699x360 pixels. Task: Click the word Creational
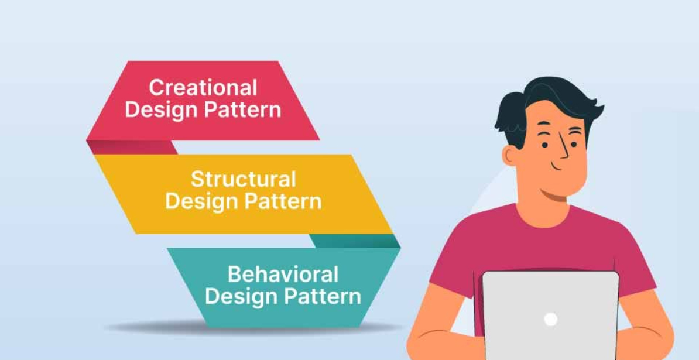(x=203, y=87)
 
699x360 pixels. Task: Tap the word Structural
(x=244, y=179)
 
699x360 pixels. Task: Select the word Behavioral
(x=283, y=274)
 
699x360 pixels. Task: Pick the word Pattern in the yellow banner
(x=283, y=201)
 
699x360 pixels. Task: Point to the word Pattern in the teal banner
(x=323, y=296)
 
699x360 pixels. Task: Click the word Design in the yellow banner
(x=201, y=202)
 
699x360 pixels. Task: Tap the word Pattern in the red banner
(x=242, y=109)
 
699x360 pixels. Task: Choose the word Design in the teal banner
(x=241, y=297)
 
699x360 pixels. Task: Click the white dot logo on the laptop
(x=550, y=319)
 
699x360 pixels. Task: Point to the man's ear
(x=509, y=156)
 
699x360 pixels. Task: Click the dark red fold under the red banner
(x=132, y=147)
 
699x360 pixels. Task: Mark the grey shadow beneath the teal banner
(x=249, y=328)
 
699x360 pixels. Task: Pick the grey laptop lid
(x=550, y=316)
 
